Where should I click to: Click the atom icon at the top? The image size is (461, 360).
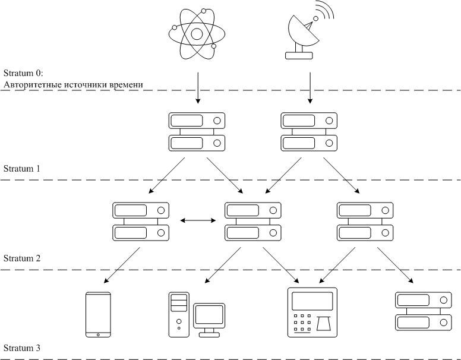(197, 34)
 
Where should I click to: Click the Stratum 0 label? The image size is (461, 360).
(23, 72)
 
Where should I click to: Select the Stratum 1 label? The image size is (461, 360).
(22, 169)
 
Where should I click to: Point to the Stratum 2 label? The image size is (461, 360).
(22, 258)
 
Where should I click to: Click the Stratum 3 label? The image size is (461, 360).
(22, 348)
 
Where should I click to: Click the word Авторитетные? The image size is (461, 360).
(33, 85)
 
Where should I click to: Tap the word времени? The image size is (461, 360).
(126, 85)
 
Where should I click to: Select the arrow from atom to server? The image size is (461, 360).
(198, 88)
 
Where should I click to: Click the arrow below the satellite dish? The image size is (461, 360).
(310, 88)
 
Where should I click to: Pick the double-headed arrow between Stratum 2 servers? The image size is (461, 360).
(198, 220)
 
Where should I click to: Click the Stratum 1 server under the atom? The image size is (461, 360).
(197, 132)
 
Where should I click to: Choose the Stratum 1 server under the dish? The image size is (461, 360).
(309, 132)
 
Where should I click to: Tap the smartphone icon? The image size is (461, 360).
(98, 314)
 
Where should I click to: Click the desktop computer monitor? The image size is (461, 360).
(209, 316)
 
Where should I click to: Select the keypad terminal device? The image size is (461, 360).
(312, 312)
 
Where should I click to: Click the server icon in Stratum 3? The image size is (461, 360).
(424, 311)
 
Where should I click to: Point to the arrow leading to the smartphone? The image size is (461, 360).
(122, 265)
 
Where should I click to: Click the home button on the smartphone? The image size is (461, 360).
(98, 334)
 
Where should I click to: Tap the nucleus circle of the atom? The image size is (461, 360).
(197, 34)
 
